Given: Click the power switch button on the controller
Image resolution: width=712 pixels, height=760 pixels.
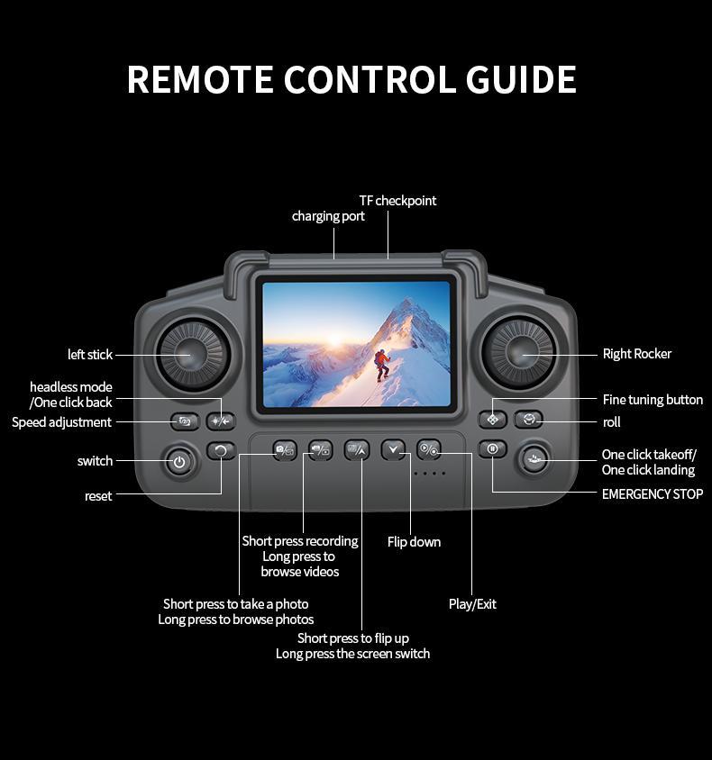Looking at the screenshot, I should tap(179, 462).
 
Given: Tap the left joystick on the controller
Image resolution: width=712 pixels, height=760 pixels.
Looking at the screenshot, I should tap(193, 354).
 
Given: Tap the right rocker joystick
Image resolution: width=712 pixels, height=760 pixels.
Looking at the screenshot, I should tap(519, 353).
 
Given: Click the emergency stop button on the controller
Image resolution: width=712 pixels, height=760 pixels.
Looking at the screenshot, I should tap(492, 448).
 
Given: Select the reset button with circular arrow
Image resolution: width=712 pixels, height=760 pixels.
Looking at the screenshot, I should tap(221, 450).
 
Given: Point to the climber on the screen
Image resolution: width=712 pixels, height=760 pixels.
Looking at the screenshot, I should tap(382, 363).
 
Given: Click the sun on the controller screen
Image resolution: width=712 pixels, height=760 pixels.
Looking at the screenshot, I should tap(334, 340).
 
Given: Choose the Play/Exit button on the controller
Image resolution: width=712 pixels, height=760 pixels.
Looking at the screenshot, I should tap(429, 448).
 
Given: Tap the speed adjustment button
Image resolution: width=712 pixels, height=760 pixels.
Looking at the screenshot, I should tap(185, 421).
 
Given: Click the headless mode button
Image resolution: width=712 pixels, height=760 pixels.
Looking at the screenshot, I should tap(220, 421).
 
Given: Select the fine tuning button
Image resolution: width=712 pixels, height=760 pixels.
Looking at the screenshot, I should tap(492, 419).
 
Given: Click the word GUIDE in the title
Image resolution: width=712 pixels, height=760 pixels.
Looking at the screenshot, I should tap(521, 79).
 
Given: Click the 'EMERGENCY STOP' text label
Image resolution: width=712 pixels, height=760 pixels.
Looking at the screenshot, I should tap(652, 493).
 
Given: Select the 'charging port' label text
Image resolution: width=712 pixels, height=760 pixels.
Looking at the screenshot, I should tap(328, 216).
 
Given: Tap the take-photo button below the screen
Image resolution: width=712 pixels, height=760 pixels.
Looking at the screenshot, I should tap(285, 449).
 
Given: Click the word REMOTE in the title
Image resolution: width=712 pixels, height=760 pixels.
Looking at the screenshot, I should tap(200, 79).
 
